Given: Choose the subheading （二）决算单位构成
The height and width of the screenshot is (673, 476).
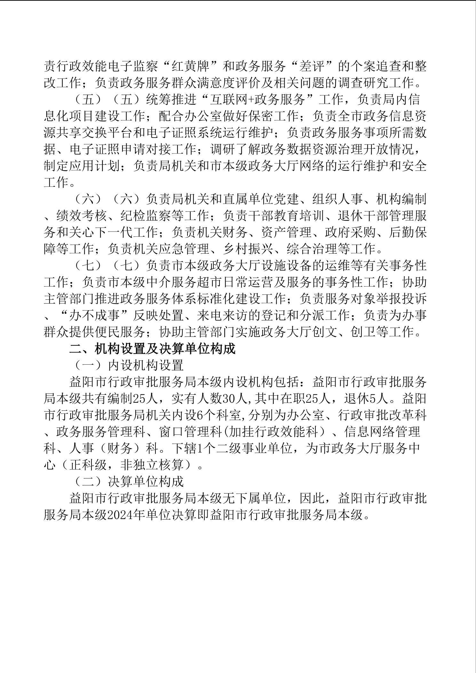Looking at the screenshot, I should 127,482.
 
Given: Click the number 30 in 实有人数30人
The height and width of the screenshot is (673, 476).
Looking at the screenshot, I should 226,399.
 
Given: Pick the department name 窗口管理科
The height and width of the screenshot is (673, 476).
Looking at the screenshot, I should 184,432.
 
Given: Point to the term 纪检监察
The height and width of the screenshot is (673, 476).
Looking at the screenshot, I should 146,216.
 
